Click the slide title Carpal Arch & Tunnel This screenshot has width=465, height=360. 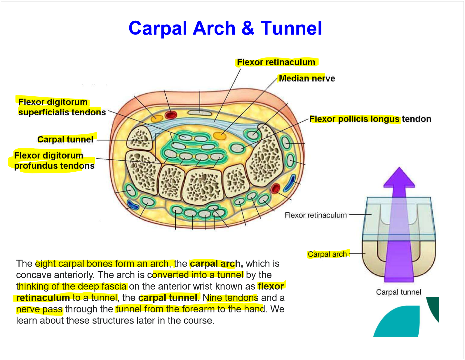[x=225, y=28]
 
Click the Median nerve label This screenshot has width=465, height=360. [x=307, y=78]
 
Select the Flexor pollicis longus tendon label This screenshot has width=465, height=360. [x=370, y=119]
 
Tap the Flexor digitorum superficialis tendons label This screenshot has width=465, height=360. [x=62, y=107]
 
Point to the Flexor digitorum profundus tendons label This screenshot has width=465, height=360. [x=54, y=161]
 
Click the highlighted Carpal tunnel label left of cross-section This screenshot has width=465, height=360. [x=65, y=139]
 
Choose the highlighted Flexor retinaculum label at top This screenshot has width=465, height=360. [x=276, y=62]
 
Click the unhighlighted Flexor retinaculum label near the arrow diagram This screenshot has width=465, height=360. [x=316, y=215]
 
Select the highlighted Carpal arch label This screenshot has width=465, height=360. [x=327, y=254]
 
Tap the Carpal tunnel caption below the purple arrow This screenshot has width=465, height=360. [x=398, y=292]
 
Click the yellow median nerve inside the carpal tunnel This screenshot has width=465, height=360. [x=219, y=135]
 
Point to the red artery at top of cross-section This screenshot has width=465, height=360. [x=171, y=115]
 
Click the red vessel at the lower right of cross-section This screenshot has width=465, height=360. [x=275, y=189]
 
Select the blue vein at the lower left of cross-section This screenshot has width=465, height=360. [x=133, y=205]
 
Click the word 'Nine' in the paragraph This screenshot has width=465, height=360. [x=212, y=298]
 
